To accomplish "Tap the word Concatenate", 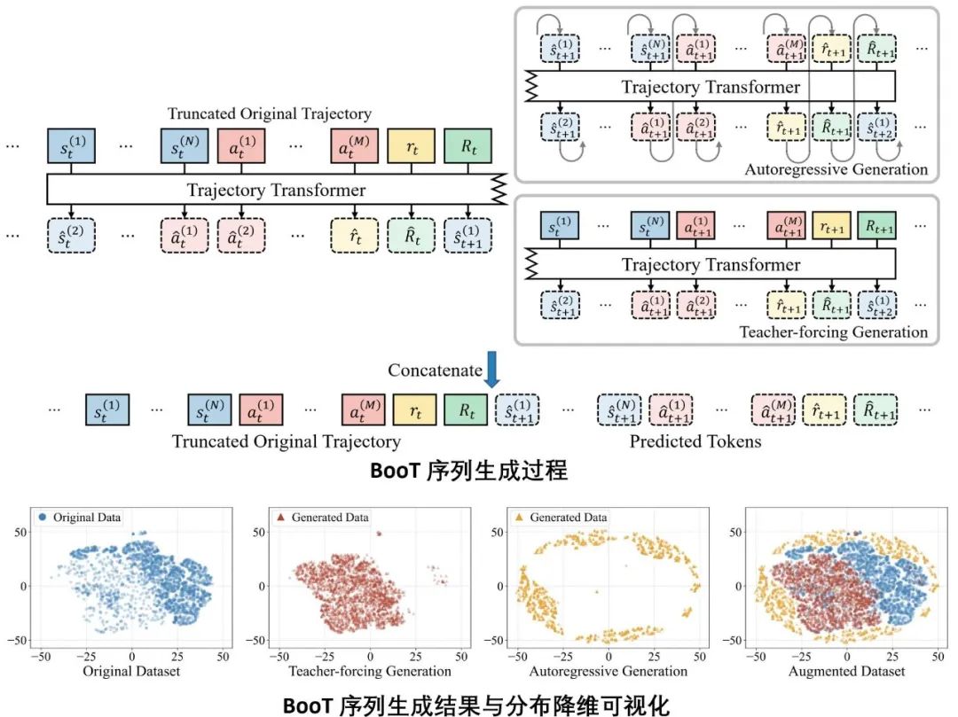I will pos(435,370).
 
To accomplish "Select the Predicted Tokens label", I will pos(695,440).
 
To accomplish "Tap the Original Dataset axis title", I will pos(131,672).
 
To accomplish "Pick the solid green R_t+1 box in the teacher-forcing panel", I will pos(876,226).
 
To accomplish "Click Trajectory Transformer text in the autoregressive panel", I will pos(711,87).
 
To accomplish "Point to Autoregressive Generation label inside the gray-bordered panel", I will pos(836,168).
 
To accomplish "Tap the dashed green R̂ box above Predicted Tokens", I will pos(875,411).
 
